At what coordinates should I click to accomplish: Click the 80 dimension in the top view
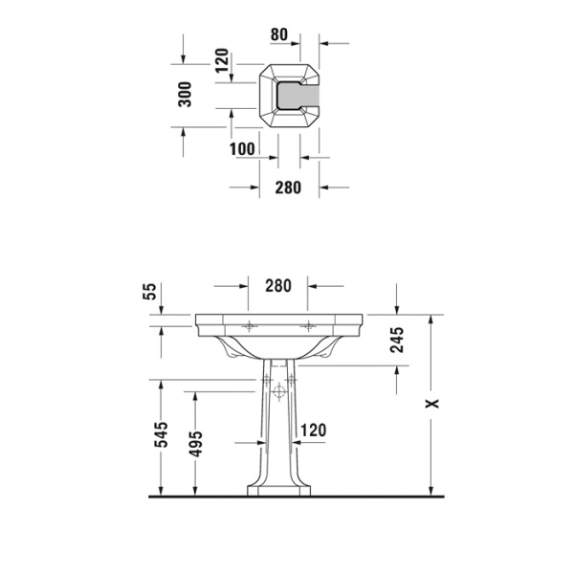pyautogui.click(x=279, y=34)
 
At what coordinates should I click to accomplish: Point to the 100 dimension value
pyautogui.click(x=243, y=148)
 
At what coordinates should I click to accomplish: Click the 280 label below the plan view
pyautogui.click(x=288, y=188)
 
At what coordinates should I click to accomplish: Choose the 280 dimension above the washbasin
pyautogui.click(x=277, y=285)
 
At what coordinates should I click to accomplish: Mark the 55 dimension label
pyautogui.click(x=148, y=293)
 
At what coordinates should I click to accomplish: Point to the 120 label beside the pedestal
pyautogui.click(x=315, y=431)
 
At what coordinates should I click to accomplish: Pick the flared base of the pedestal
pyautogui.click(x=278, y=488)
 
